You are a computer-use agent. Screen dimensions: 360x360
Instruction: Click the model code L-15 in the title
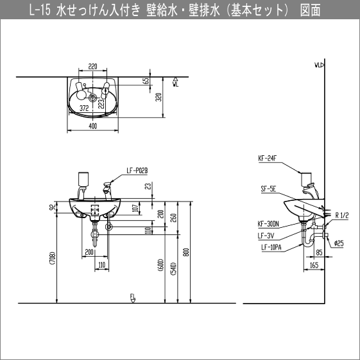click(x=40, y=11)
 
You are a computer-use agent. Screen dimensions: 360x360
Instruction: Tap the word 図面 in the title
click(x=311, y=11)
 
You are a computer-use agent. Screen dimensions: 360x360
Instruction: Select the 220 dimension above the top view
click(x=92, y=67)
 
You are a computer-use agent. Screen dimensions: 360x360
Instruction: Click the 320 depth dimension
click(x=159, y=98)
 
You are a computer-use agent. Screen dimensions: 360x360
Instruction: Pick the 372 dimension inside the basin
click(x=83, y=109)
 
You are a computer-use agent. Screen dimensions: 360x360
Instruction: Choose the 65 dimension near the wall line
click(x=146, y=81)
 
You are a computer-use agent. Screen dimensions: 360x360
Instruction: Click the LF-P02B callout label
click(x=137, y=170)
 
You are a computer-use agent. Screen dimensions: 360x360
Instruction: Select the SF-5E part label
click(x=268, y=189)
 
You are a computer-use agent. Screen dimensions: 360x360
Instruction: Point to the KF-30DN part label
click(x=269, y=224)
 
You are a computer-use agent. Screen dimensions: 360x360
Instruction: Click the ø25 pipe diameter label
click(x=340, y=243)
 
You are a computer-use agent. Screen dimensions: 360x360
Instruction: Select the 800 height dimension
click(x=186, y=252)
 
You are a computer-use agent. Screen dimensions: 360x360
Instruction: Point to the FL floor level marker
click(x=133, y=296)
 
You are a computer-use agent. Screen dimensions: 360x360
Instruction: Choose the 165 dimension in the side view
click(x=314, y=264)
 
